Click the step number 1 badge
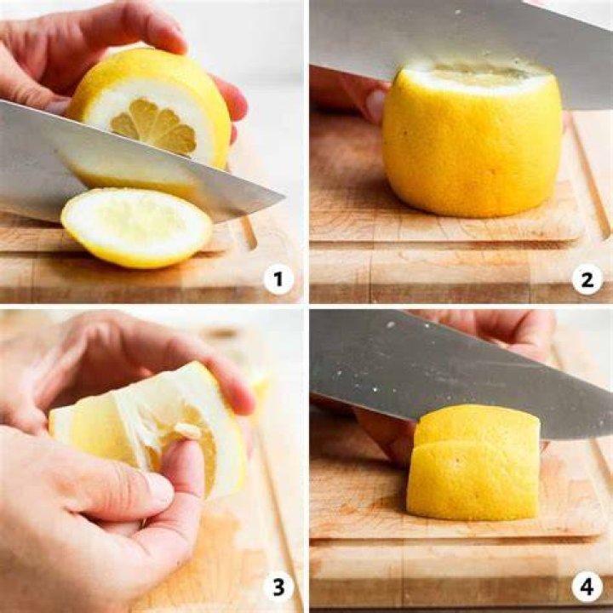(278, 279)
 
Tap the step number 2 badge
(587, 279)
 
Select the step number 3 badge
(278, 587)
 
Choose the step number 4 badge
(587, 587)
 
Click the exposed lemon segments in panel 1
(154, 125)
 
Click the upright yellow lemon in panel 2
(473, 139)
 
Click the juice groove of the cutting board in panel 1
(249, 233)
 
